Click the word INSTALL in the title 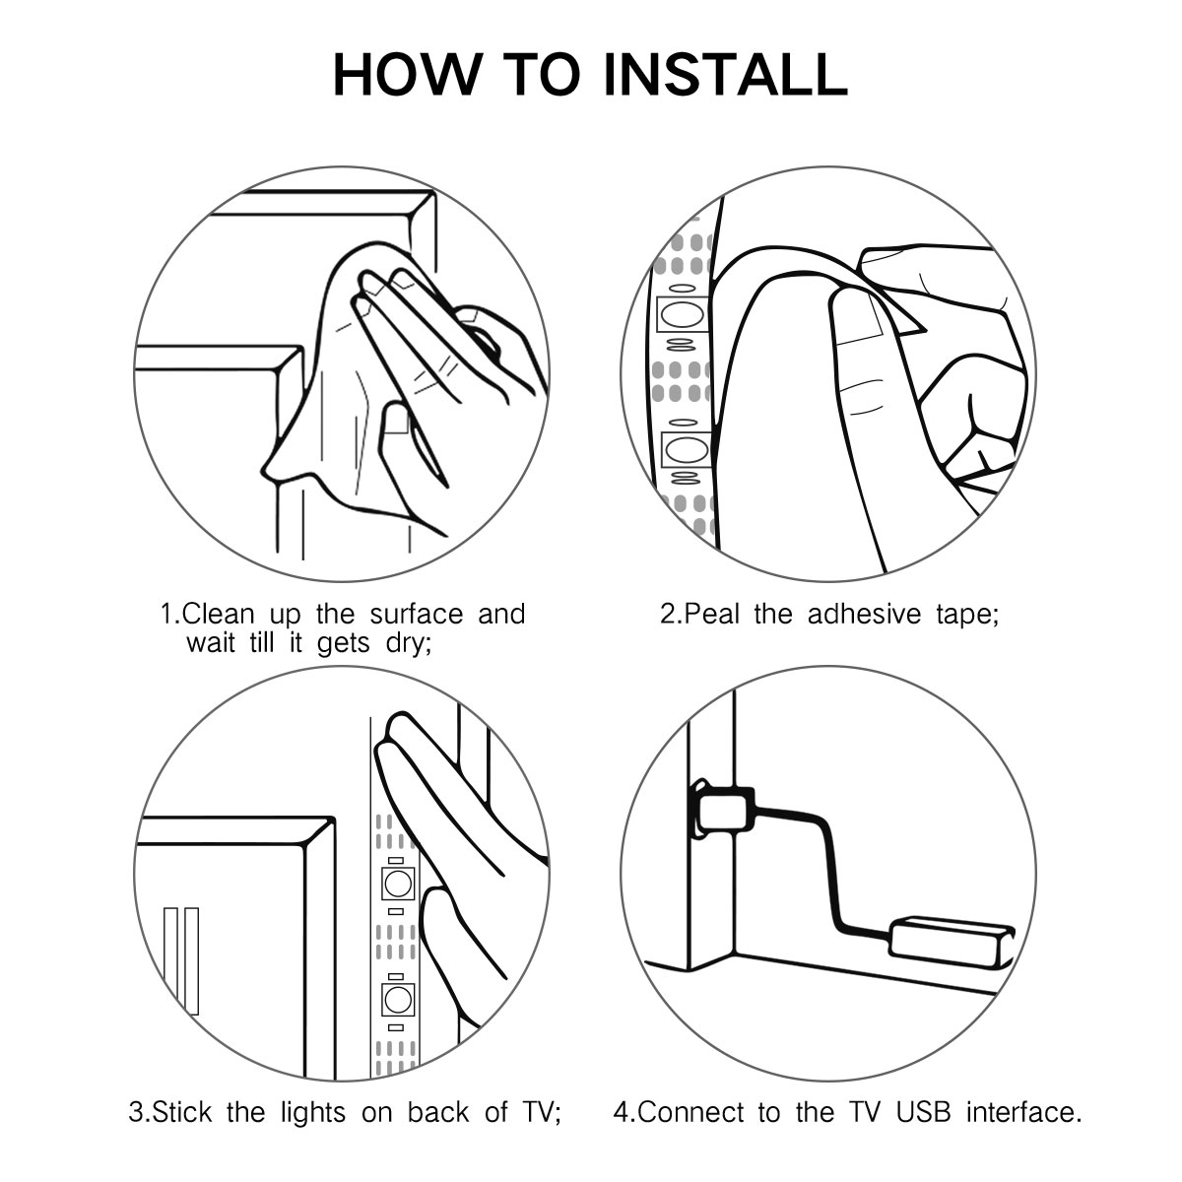tap(726, 74)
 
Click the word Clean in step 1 tap(218, 614)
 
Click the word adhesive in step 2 tap(864, 614)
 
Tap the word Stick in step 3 tap(181, 1111)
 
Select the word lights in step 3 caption tap(313, 1111)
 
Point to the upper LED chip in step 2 tap(683, 314)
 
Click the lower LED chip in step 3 tap(398, 1001)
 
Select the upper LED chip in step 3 tap(398, 884)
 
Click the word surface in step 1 tap(417, 614)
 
